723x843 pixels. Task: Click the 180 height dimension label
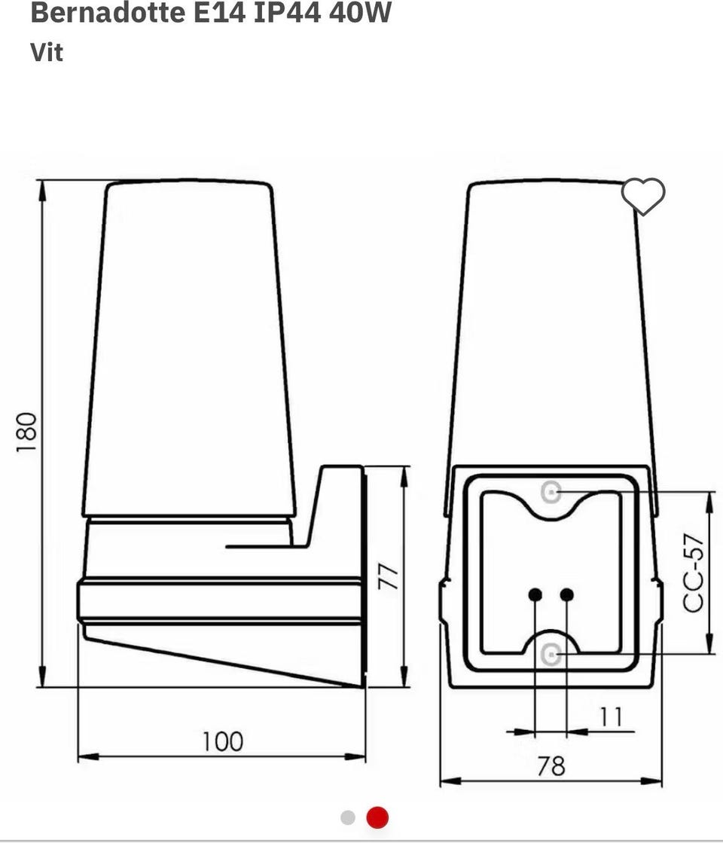pos(26,432)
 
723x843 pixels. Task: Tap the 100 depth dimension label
pos(222,741)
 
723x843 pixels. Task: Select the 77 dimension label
pos(388,576)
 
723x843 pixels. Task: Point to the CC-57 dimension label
pos(694,573)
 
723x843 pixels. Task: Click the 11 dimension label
pos(611,716)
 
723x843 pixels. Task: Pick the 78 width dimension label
pos(551,766)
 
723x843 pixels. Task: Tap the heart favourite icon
pos(643,196)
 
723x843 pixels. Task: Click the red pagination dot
pos(377,817)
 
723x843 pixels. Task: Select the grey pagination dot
pos(348,817)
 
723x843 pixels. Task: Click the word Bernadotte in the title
pos(108,13)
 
